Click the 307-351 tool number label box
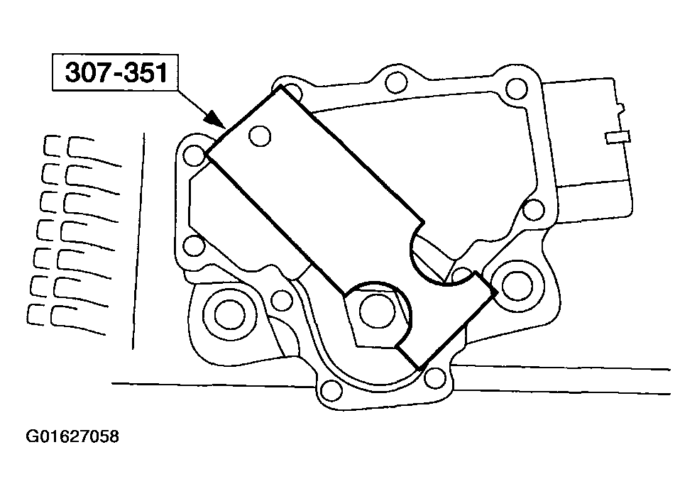pyautogui.click(x=115, y=73)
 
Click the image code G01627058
pyautogui.click(x=72, y=436)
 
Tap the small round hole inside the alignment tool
pyautogui.click(x=260, y=136)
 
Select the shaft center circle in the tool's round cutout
pyautogui.click(x=377, y=311)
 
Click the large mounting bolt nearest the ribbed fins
pyautogui.click(x=229, y=315)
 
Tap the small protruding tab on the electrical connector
pyautogui.click(x=618, y=138)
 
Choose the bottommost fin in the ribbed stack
pyautogui.click(x=67, y=319)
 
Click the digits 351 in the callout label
pyautogui.click(x=146, y=73)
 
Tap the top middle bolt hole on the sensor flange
pyautogui.click(x=395, y=82)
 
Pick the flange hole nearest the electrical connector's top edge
pyautogui.click(x=517, y=89)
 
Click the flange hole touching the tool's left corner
pyautogui.click(x=194, y=155)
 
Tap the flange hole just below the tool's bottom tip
pyautogui.click(x=434, y=378)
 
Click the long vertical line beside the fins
pyautogui.click(x=138, y=241)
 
